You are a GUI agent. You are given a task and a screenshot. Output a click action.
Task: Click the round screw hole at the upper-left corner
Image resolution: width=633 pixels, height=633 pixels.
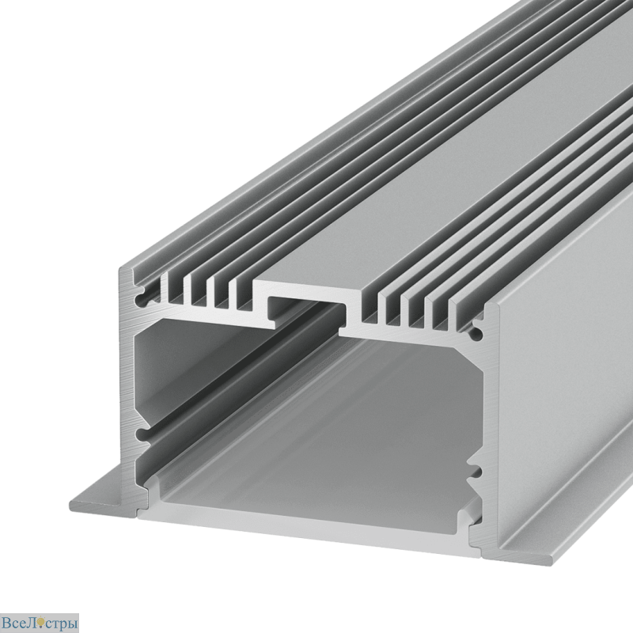tap(142, 299)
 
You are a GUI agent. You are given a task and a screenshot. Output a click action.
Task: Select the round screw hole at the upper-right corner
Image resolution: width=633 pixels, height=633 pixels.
tap(476, 333)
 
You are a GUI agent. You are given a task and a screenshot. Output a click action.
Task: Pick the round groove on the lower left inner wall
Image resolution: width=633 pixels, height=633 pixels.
tap(142, 435)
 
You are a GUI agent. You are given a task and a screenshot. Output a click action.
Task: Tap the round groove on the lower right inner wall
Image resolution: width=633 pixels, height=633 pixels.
tap(476, 471)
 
